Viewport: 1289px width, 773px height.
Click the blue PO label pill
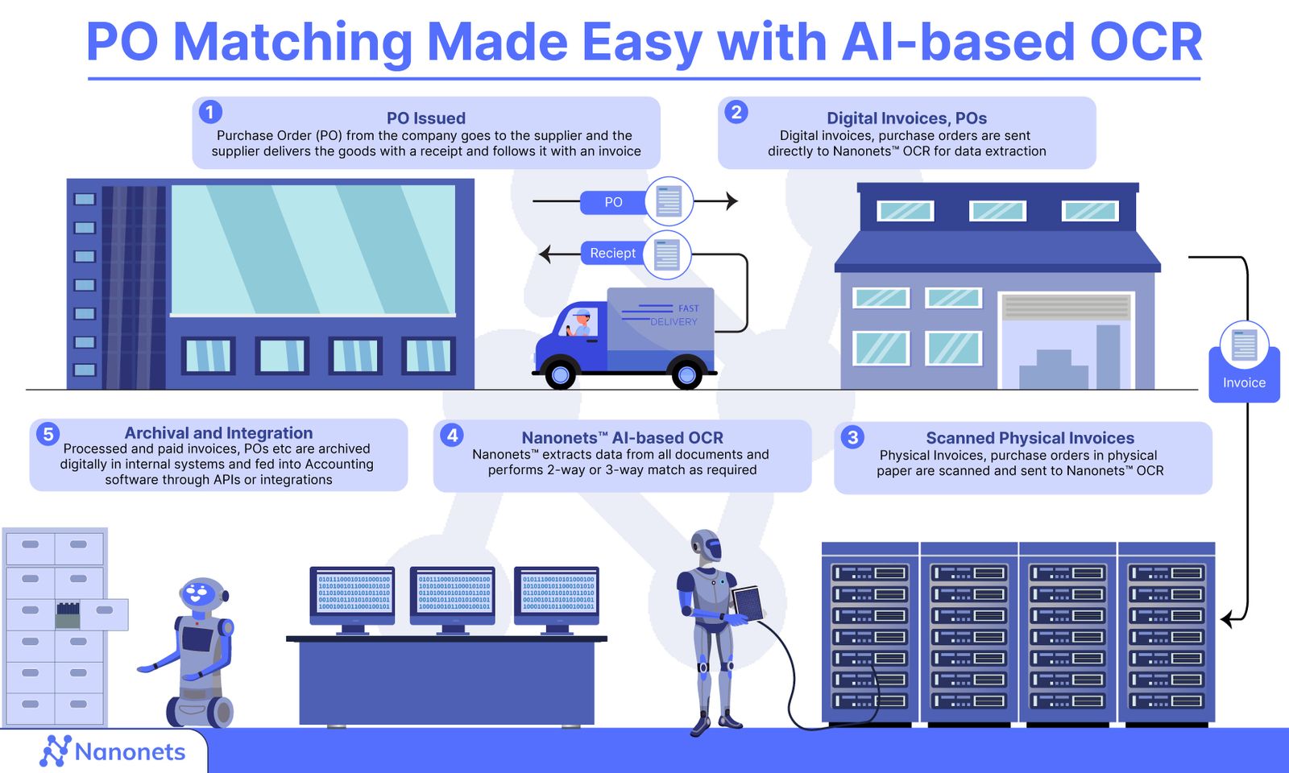coord(613,202)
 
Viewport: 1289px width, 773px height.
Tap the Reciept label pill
coord(613,253)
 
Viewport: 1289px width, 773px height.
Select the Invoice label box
coord(1244,382)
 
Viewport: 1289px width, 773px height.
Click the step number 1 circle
coord(210,112)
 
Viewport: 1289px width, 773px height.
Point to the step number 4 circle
coord(452,436)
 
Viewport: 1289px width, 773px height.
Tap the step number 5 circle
coord(48,434)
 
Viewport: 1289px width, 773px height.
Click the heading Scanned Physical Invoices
coord(1030,438)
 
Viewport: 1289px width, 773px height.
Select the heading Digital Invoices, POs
coord(906,118)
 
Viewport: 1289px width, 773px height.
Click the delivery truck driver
coord(581,322)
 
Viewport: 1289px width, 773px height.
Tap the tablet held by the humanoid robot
coord(748,601)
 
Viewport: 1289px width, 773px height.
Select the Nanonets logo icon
coord(55,751)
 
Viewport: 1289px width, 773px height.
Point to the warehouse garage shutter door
coord(1067,307)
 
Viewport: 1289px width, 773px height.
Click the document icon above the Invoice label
coord(1244,345)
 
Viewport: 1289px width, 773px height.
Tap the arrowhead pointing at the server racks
coord(1227,620)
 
